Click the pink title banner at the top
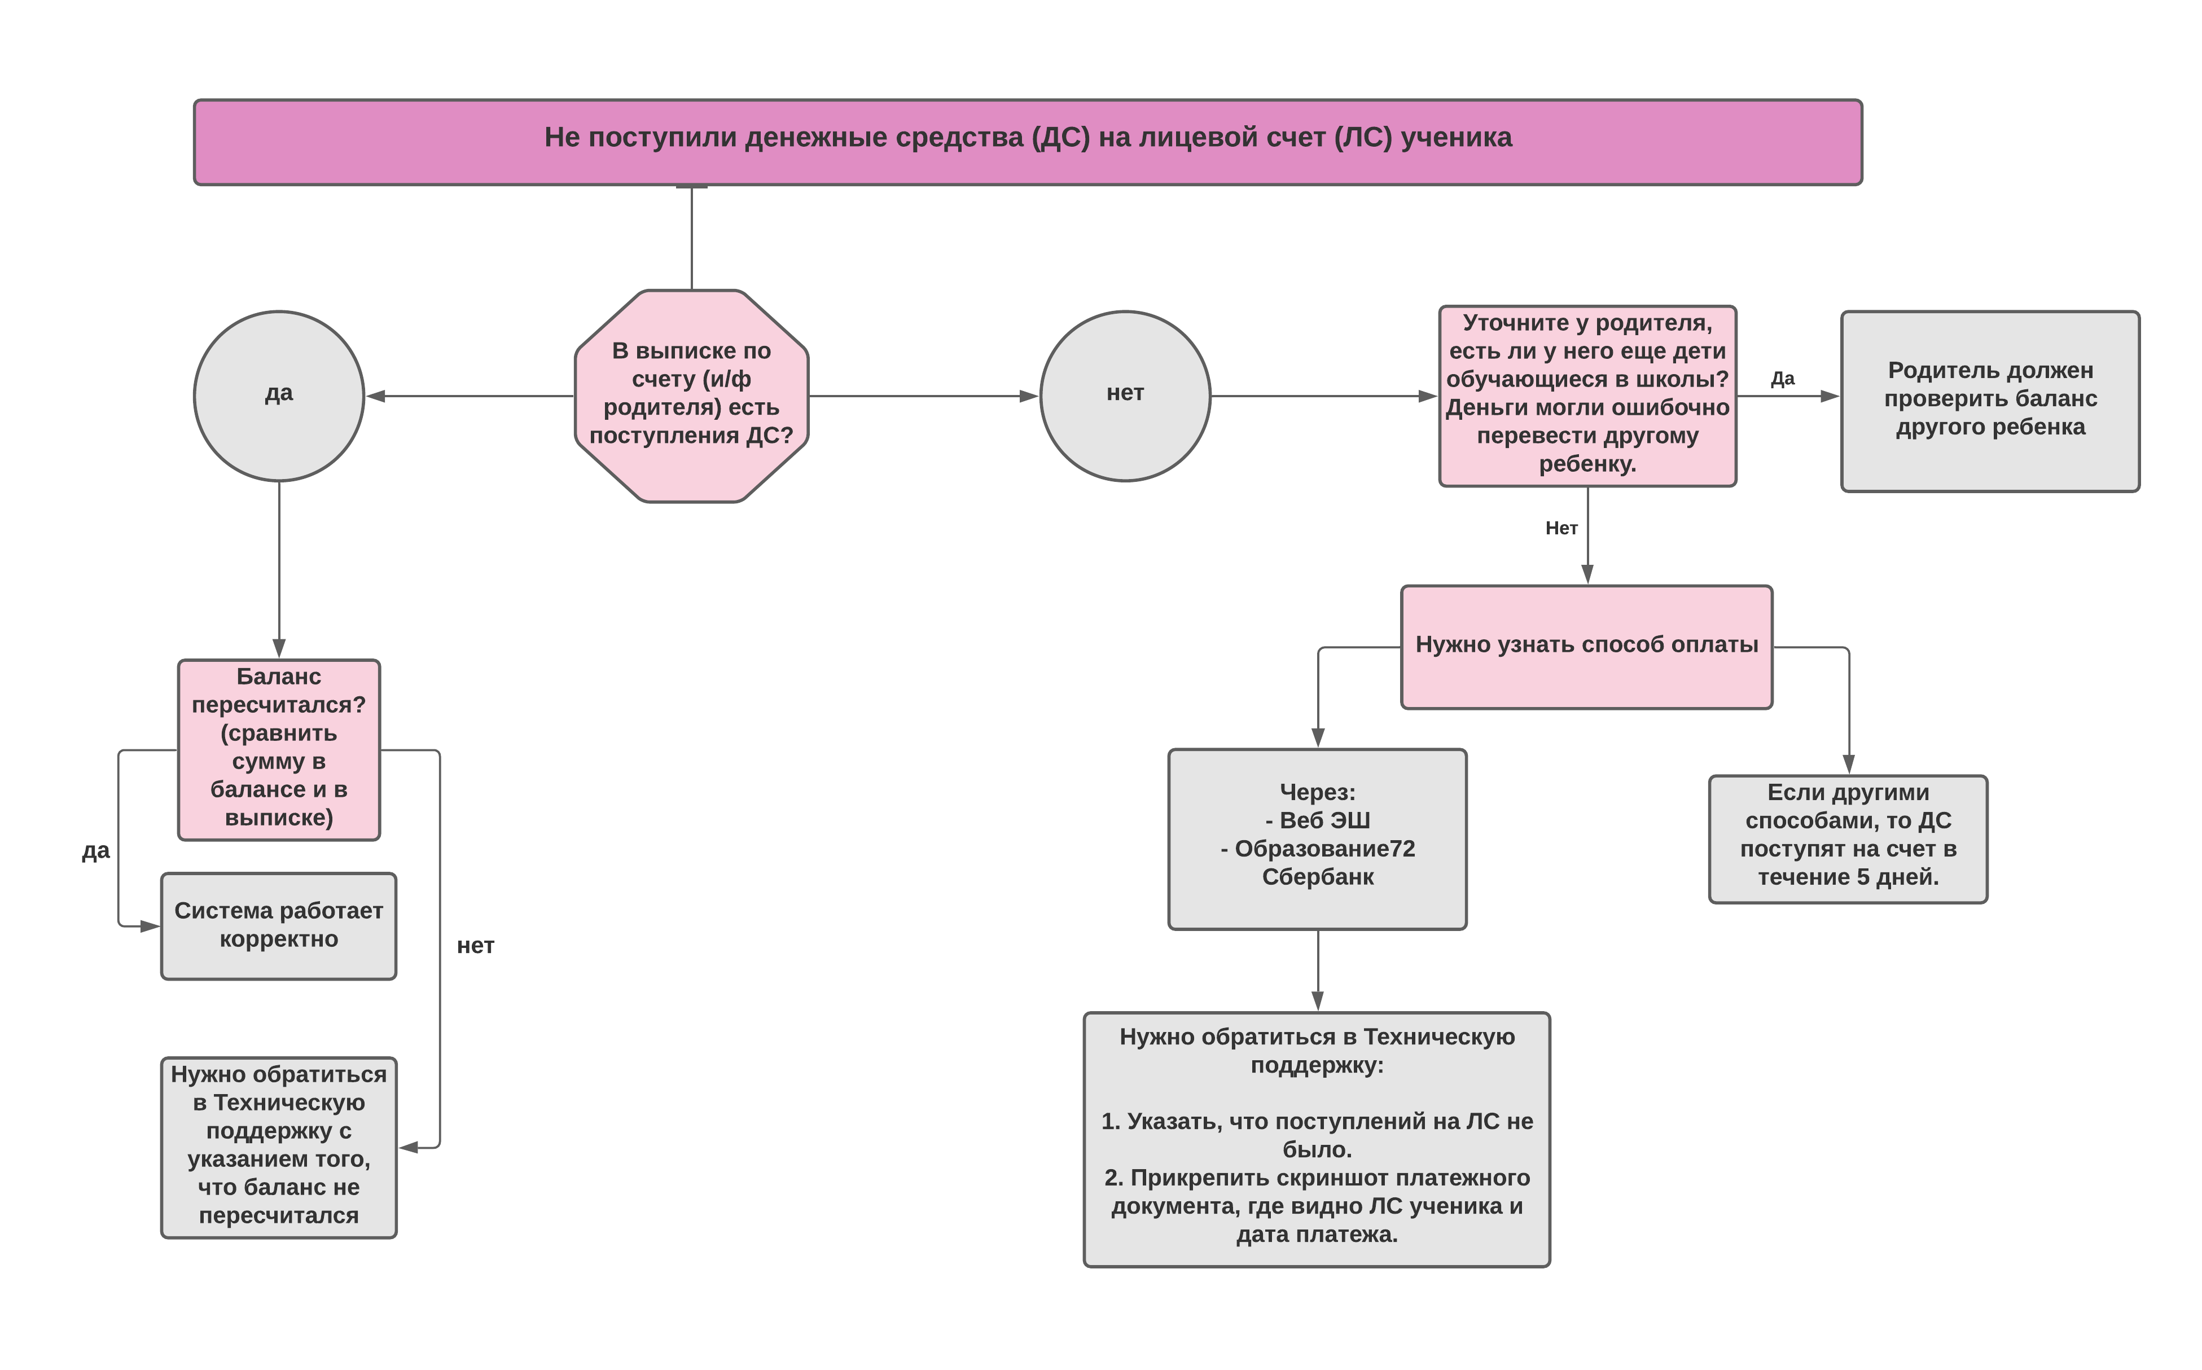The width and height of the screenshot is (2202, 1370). [x=1028, y=142]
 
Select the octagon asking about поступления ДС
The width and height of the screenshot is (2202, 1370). [x=691, y=396]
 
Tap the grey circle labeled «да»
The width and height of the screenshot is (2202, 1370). [x=279, y=396]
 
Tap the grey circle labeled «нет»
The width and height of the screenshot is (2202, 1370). [x=1125, y=396]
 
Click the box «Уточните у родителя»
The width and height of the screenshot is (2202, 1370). [x=1587, y=396]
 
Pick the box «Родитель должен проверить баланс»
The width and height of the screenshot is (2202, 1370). [x=1990, y=401]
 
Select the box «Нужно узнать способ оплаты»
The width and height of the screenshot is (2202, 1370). [x=1587, y=647]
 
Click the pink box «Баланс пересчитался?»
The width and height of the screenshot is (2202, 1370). [x=279, y=750]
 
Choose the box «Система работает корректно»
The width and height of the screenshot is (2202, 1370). [x=279, y=926]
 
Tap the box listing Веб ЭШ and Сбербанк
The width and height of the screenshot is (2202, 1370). [x=1318, y=839]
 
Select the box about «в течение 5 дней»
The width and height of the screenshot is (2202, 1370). [x=1849, y=839]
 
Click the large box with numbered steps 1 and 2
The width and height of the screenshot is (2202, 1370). [x=1318, y=1139]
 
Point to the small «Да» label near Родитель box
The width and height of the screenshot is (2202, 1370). [x=1783, y=379]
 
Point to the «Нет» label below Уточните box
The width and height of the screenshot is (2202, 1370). [x=1561, y=528]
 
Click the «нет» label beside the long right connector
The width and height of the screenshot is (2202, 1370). [x=476, y=946]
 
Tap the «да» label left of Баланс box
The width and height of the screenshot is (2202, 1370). [x=96, y=851]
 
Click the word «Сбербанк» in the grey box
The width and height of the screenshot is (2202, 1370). [x=1318, y=877]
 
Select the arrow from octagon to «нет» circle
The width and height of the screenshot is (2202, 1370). [x=923, y=396]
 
